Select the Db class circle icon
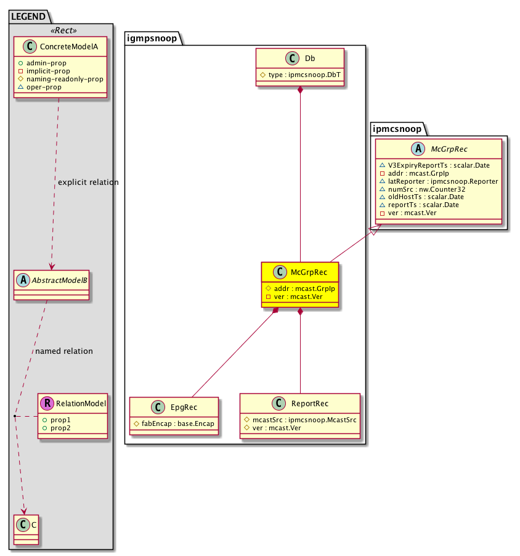point(293,59)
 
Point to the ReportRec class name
point(309,404)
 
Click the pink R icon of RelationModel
point(47,404)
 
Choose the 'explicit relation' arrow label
point(87,182)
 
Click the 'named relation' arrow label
point(64,351)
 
